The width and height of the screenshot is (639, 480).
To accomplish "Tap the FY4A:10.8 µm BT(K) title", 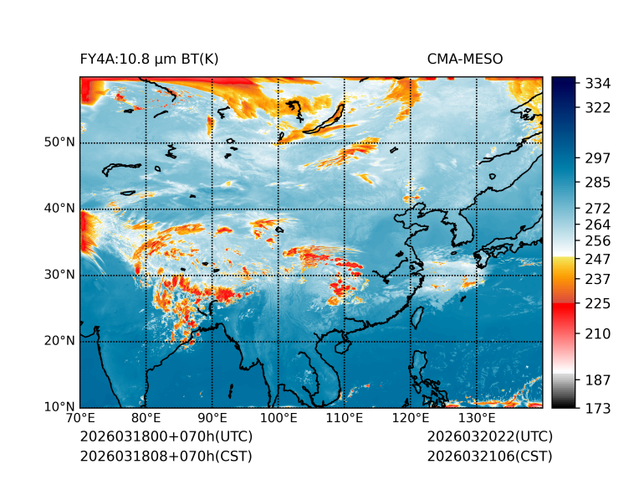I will click(150, 59).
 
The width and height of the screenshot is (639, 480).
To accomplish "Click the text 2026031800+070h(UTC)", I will click(166, 437).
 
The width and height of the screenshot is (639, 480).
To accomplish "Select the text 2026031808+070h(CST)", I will click(166, 456).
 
